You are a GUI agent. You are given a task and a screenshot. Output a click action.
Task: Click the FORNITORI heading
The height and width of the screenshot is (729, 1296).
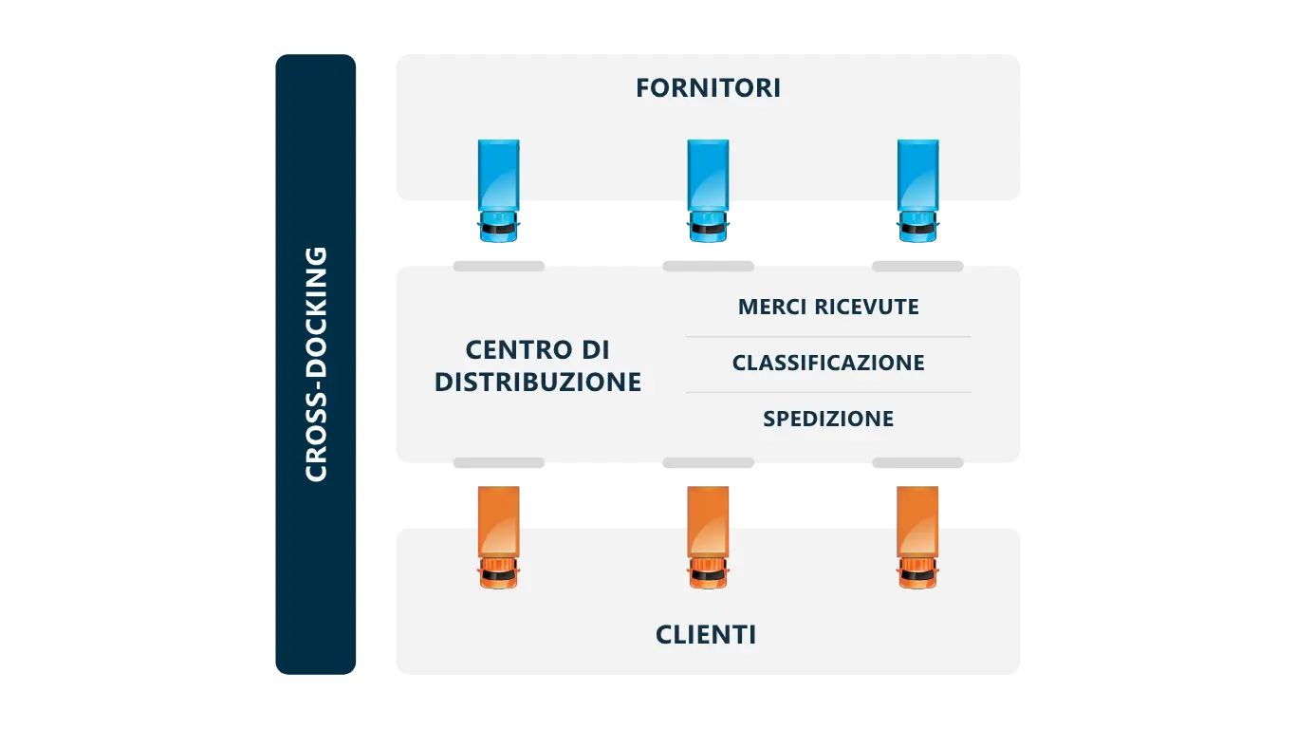point(708,88)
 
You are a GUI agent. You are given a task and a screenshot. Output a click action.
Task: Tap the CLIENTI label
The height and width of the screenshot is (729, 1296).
point(706,635)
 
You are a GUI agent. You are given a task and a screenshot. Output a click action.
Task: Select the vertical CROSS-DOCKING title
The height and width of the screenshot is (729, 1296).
point(316,364)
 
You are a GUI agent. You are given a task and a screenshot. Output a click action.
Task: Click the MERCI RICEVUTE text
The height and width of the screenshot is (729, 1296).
point(828,308)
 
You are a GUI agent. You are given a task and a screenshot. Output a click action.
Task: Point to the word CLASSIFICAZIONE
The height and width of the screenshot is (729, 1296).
point(828,363)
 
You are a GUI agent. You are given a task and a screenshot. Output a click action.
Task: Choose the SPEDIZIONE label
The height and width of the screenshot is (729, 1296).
point(828,419)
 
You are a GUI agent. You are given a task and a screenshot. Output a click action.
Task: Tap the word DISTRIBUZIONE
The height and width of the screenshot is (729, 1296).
point(538,383)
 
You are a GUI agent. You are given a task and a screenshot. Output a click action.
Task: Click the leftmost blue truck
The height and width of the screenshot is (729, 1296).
point(498,191)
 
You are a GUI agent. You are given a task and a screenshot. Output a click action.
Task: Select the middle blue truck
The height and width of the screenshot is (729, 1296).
point(708,191)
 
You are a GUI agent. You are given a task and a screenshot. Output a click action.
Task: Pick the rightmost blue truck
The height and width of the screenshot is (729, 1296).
point(917,191)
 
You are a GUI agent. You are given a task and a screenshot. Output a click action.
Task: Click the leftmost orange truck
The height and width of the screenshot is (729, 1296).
point(499,537)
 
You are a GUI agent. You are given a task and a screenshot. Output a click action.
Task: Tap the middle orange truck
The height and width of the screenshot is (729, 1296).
point(709,537)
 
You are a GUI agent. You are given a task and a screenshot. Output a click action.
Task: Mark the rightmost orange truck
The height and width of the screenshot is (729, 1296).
point(917,537)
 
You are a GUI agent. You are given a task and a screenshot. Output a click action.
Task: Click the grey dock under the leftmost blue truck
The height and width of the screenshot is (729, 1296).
point(498,265)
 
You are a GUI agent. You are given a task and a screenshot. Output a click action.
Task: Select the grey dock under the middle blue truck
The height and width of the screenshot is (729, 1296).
point(709,265)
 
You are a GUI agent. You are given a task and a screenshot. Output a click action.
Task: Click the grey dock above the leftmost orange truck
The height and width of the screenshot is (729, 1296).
point(498,463)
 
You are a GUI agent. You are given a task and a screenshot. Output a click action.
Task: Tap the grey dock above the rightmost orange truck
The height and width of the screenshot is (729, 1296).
point(916,463)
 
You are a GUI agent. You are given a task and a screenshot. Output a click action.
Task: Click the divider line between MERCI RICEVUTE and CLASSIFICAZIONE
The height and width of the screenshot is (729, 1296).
point(828,337)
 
